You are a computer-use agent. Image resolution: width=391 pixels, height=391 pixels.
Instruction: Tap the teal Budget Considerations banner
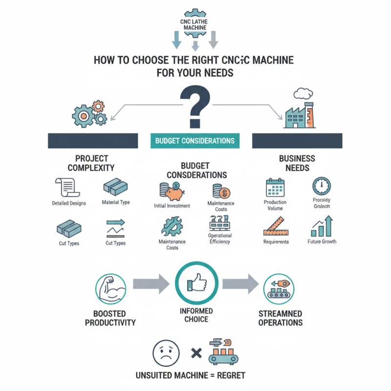(195, 141)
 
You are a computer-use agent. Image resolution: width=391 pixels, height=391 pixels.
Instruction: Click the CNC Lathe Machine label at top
(195, 24)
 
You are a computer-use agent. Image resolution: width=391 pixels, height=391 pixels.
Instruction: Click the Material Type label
(116, 202)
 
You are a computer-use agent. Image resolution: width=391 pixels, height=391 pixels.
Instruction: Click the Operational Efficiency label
(219, 239)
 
